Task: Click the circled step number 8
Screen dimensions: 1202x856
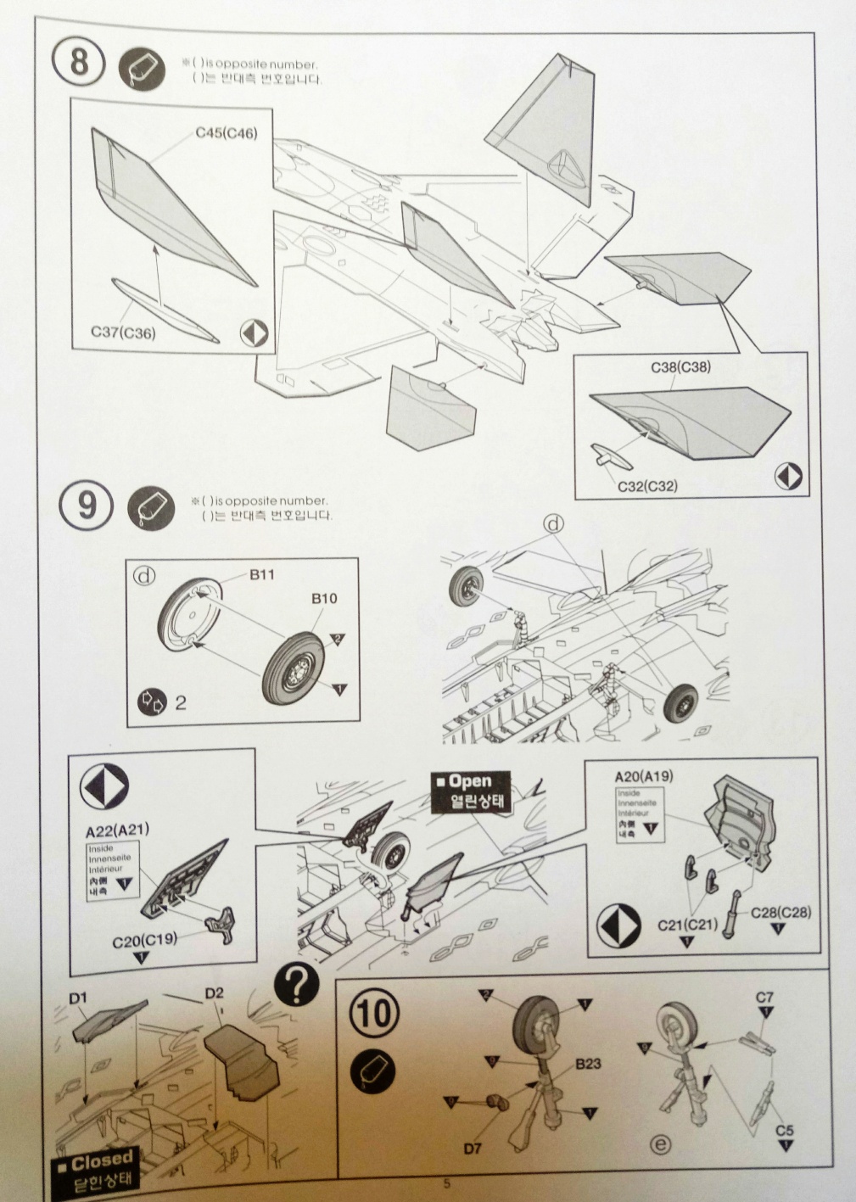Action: click(78, 64)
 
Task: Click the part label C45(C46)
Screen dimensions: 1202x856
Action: click(227, 133)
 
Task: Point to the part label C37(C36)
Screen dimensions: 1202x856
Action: click(123, 332)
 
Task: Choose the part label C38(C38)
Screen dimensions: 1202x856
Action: click(680, 367)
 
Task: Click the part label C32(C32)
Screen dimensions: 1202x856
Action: click(646, 485)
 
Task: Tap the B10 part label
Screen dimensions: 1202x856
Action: click(323, 598)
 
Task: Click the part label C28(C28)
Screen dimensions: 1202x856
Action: click(780, 913)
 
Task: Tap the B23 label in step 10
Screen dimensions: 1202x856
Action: click(588, 1064)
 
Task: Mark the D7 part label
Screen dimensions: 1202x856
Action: click(473, 1149)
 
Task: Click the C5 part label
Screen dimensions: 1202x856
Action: click(785, 1130)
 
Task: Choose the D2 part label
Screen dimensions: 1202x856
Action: click(214, 992)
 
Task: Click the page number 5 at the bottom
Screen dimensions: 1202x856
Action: click(446, 1183)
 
